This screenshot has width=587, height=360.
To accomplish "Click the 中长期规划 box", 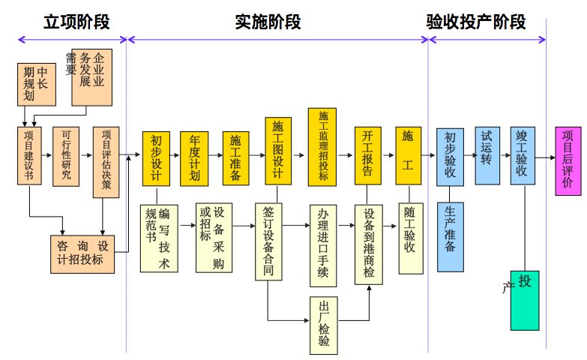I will coord(35,85).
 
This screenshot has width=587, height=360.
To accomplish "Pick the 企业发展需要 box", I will coord(91,75).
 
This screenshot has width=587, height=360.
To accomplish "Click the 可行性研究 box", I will coord(66,156).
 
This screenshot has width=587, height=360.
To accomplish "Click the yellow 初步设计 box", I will coord(156,158).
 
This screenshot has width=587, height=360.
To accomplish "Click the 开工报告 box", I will coord(367,156).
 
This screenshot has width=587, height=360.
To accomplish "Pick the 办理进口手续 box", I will coord(324,244).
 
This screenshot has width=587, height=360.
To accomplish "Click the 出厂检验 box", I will coord(324,324).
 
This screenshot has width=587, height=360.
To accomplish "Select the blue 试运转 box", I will coord(488,156).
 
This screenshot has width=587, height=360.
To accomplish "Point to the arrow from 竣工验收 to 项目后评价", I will coord(546,156).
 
